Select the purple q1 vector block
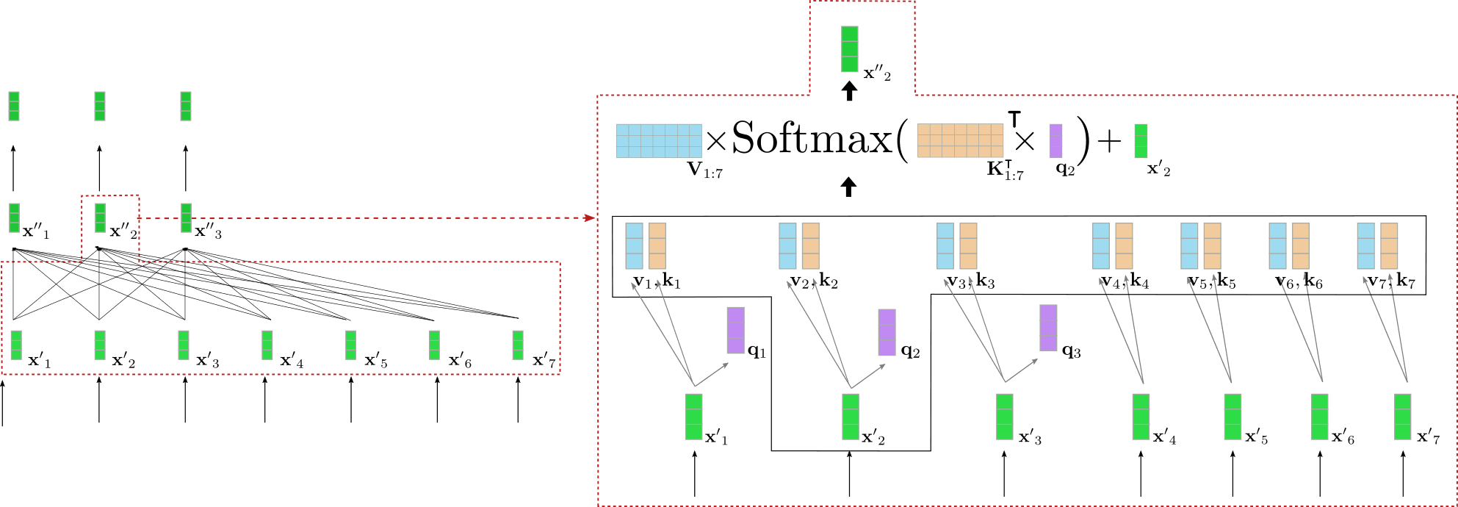(736, 331)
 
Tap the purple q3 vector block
(1048, 328)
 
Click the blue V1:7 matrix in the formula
(659, 140)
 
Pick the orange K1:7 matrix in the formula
(960, 140)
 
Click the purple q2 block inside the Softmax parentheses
(1055, 140)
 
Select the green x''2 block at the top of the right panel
(849, 49)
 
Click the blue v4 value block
(1101, 246)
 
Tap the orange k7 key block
(1389, 246)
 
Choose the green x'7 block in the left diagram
(518, 345)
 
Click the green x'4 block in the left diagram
(267, 345)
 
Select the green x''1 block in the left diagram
(14, 217)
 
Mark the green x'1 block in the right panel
(693, 417)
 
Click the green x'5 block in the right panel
(1233, 417)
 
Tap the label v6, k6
(1299, 281)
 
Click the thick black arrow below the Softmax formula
(849, 187)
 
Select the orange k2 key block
(811, 246)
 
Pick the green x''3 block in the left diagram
(186, 217)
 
